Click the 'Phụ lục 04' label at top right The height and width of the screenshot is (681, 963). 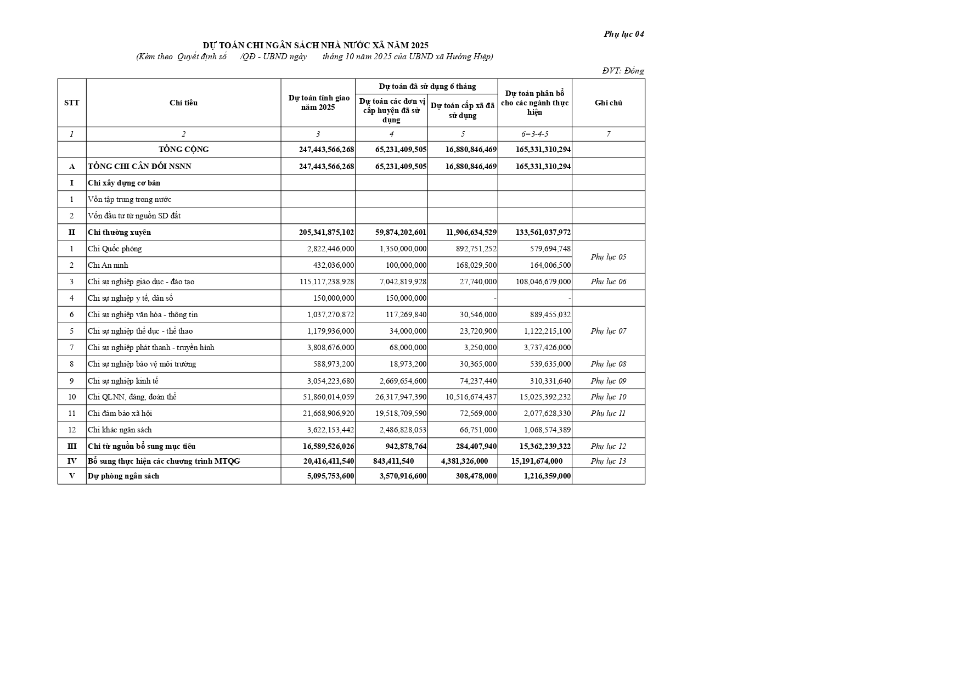(623, 34)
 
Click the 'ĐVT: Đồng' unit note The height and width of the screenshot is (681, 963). (623, 71)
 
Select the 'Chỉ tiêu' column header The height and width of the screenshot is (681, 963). (183, 103)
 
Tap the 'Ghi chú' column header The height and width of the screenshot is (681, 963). (608, 103)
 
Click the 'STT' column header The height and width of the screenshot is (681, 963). (71, 103)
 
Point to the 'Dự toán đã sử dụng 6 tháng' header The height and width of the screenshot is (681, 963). (427, 86)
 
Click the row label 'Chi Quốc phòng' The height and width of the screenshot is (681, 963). (115, 249)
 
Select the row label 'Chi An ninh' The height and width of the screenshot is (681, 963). (108, 265)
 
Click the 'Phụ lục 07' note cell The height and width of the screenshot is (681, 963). (608, 331)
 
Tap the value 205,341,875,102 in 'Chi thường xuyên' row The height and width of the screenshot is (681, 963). (326, 232)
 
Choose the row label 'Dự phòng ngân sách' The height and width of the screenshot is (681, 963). (123, 476)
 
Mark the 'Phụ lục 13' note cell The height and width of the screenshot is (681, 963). (608, 461)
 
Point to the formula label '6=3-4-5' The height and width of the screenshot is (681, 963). (534, 134)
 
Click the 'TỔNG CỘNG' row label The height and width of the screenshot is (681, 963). (183, 149)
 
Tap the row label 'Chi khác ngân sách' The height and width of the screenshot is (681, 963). (120, 430)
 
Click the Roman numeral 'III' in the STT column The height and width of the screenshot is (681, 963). (71, 446)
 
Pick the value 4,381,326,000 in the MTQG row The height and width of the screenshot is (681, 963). (464, 461)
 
